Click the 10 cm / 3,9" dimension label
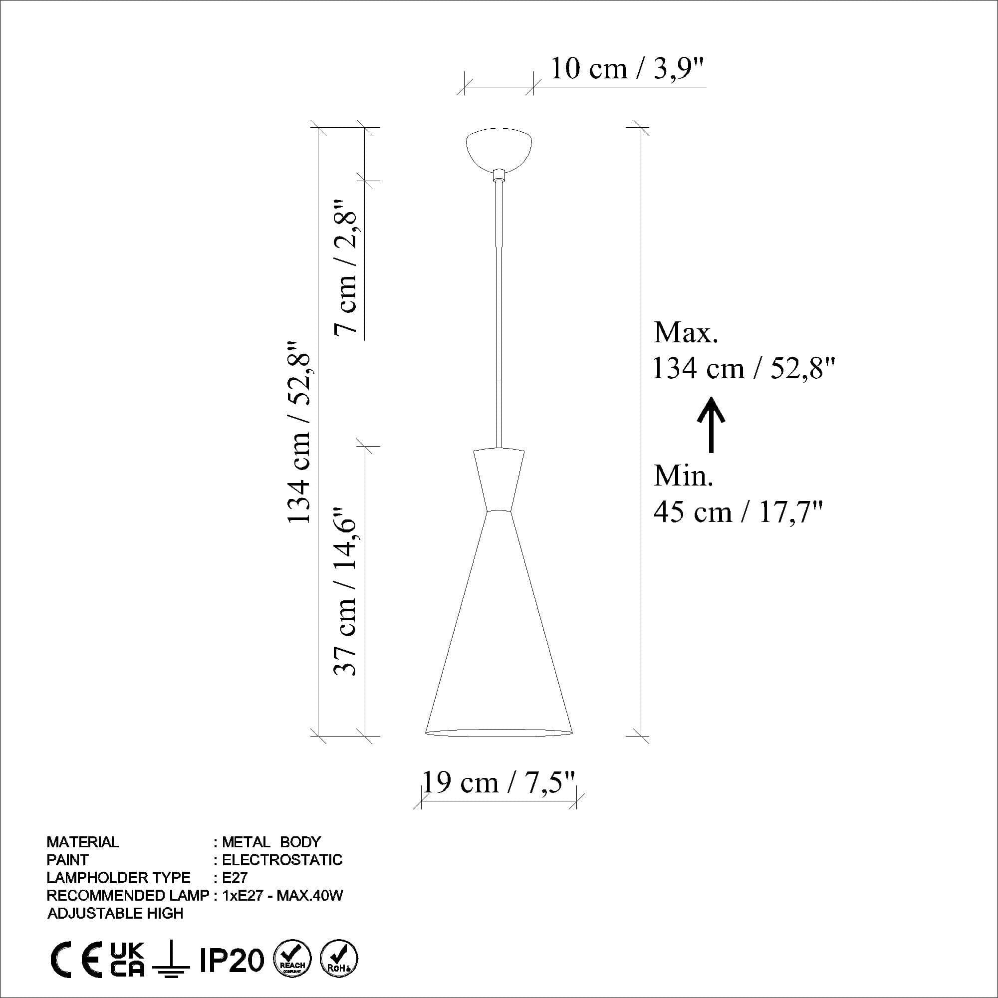point(627,69)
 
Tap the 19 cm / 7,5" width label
point(499,782)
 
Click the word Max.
point(686,333)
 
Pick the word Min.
point(684,475)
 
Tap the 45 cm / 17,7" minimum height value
point(738,512)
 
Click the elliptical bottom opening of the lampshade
point(499,733)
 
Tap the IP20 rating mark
point(232,960)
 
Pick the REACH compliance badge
point(292,960)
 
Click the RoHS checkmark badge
point(339,960)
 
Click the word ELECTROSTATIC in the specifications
point(282,860)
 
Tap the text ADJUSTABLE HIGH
point(115,913)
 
